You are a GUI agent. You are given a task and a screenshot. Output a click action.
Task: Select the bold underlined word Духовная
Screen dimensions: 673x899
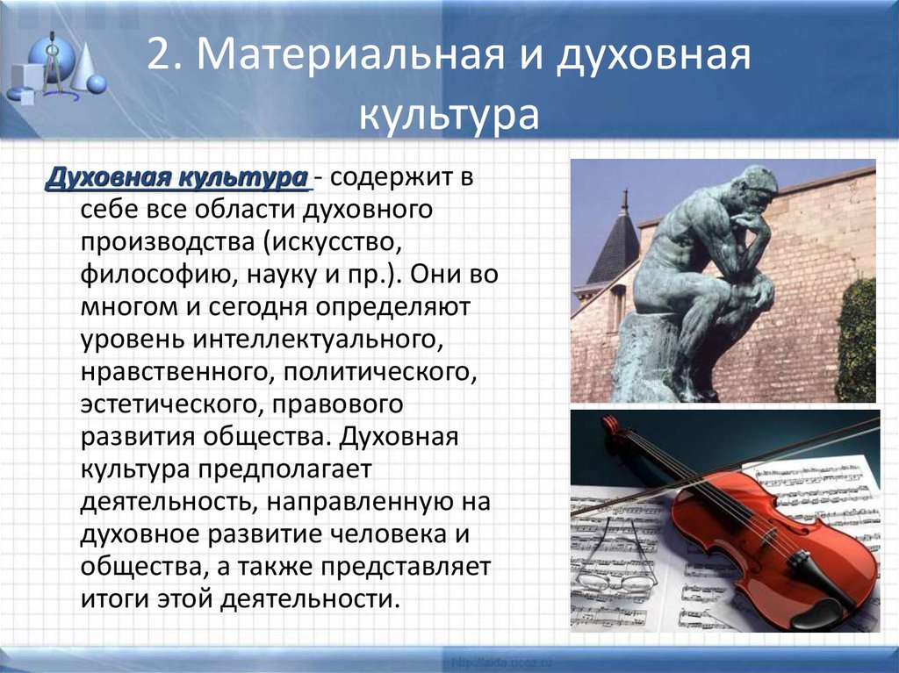click(108, 176)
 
